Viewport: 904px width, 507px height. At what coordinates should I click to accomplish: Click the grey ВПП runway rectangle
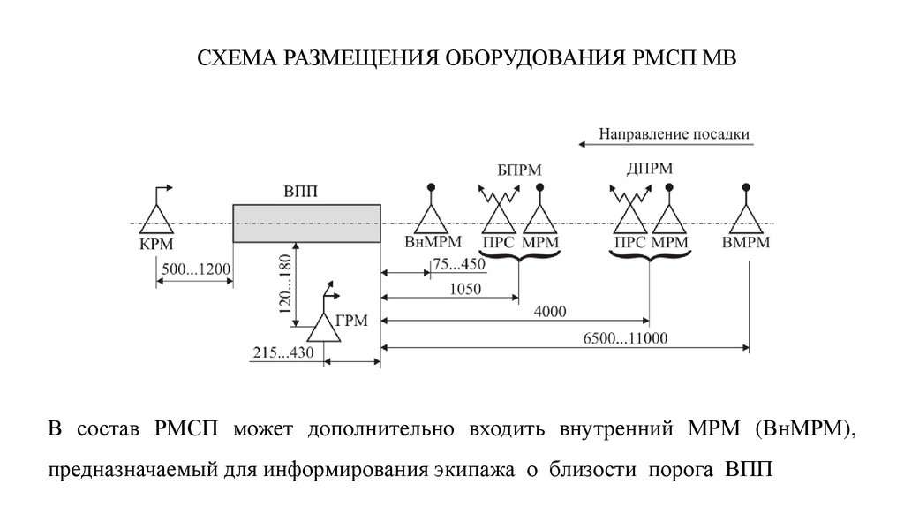(x=306, y=224)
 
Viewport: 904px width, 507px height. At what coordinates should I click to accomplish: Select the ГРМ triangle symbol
(x=323, y=329)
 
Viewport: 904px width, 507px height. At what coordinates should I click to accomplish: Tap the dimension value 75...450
(x=461, y=263)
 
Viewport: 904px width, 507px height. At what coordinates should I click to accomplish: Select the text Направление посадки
(x=674, y=134)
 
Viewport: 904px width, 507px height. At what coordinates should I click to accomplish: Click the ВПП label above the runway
(x=301, y=192)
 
